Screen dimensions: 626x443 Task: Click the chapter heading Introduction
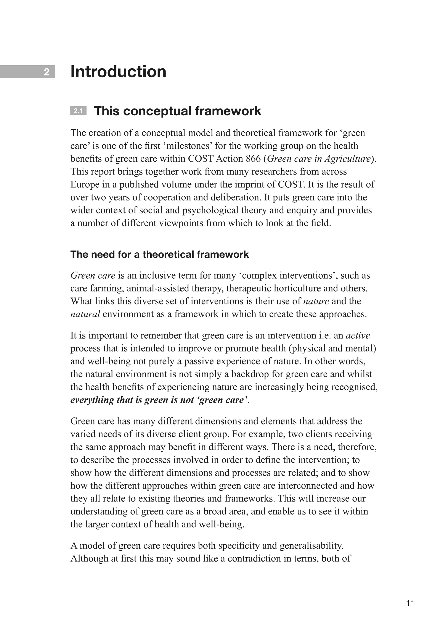118,72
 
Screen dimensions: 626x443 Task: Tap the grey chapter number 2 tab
27,72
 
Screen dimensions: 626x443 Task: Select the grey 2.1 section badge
78,111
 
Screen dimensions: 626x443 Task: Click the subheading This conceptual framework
177,111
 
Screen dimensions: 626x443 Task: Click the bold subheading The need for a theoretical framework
160,254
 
